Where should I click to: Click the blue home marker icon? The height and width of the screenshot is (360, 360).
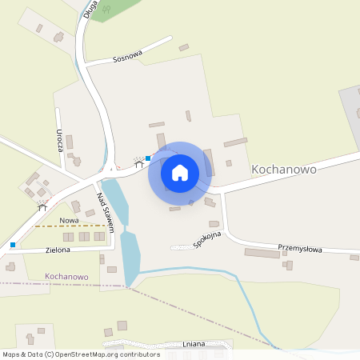(180, 173)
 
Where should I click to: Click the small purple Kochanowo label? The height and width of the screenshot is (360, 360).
(66, 277)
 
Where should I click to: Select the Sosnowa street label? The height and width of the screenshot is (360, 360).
(127, 58)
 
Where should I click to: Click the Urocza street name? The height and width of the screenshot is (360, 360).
(60, 139)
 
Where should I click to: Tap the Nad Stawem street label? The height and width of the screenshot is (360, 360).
(106, 213)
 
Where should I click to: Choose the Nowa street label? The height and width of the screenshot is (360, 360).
(69, 219)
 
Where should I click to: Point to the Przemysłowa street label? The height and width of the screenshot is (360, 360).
(299, 249)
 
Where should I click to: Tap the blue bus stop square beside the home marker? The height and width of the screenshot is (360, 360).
(148, 158)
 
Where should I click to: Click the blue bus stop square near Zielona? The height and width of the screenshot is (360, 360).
(13, 244)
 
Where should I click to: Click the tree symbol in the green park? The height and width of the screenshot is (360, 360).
(106, 9)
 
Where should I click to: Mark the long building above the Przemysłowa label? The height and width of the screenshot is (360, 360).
(262, 253)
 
